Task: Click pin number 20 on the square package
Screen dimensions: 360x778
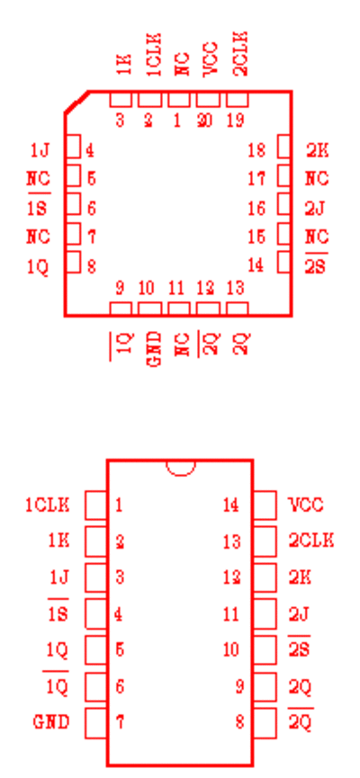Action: coord(204,121)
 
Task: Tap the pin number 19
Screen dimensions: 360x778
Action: coord(236,121)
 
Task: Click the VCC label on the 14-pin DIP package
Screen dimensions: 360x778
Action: coord(306,505)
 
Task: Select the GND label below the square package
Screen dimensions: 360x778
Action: coord(155,349)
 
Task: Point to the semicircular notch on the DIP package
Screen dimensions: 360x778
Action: coord(180,469)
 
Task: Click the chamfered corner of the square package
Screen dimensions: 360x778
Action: coord(76,103)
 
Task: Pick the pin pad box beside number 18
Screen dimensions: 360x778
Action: coord(283,147)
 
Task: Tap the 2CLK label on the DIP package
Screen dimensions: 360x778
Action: coord(311,541)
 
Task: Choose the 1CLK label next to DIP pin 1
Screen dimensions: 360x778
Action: coord(48,505)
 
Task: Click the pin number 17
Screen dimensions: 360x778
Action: coord(256,179)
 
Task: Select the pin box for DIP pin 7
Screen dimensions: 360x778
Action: coord(95,723)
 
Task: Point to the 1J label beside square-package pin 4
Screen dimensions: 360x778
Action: coord(40,150)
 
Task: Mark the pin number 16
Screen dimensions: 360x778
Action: coord(256,209)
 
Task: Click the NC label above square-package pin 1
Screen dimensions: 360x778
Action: coord(183,65)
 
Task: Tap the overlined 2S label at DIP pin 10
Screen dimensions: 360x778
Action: coord(299,648)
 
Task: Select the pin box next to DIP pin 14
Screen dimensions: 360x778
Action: coord(265,505)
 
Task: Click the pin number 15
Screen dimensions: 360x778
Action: coord(256,237)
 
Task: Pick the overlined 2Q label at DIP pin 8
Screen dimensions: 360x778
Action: coord(301,720)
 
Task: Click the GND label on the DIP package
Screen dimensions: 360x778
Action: coord(51,722)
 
